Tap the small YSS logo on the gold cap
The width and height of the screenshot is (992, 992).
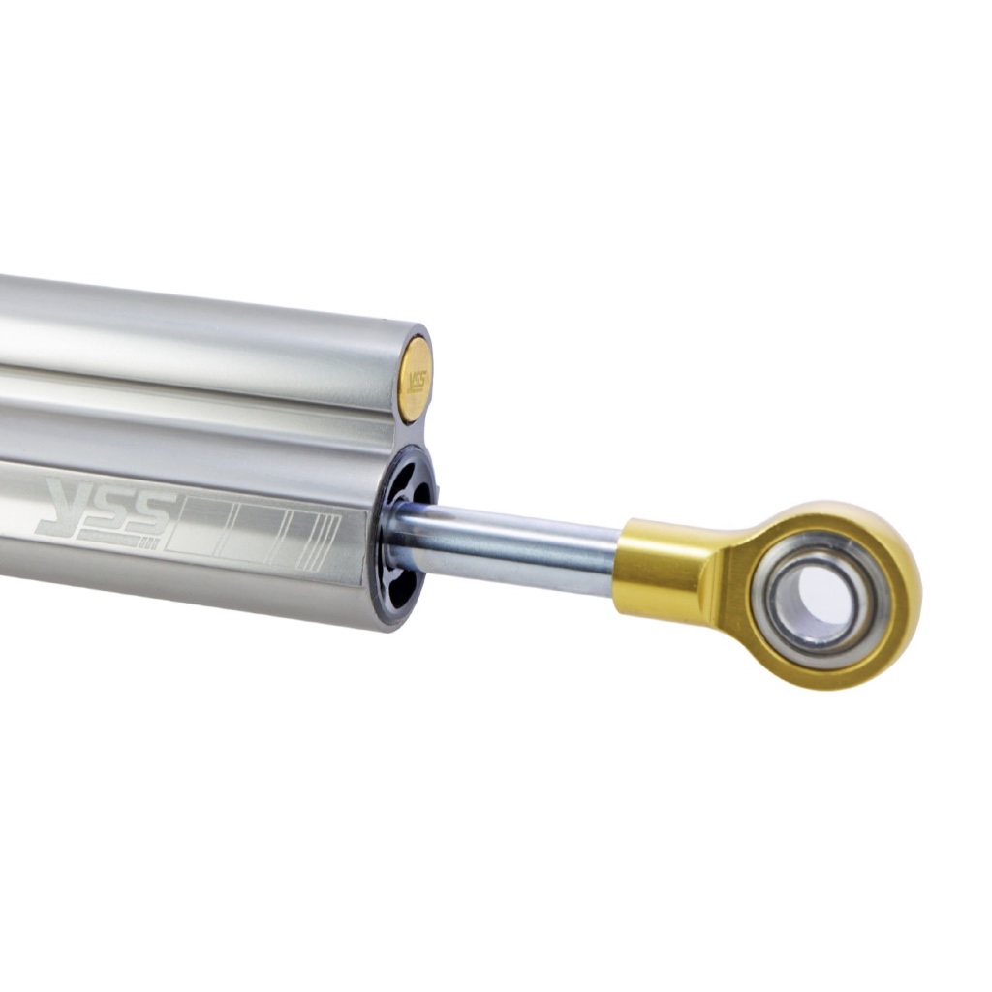(x=417, y=381)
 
